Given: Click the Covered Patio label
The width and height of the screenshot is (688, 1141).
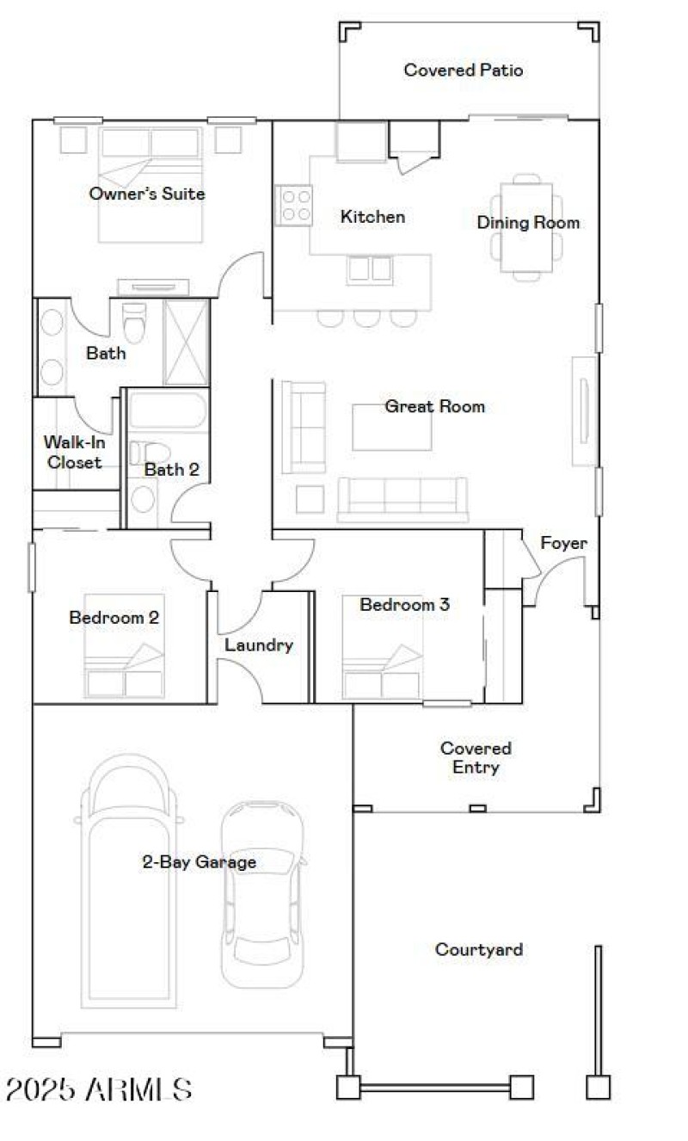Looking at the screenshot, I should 463,71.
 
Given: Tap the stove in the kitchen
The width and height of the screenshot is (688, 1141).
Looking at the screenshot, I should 294,206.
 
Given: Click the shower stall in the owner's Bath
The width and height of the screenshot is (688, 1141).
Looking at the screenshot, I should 186,342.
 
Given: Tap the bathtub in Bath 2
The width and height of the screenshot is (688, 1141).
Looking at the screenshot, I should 168,411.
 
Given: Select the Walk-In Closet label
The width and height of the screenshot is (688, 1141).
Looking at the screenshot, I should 73,453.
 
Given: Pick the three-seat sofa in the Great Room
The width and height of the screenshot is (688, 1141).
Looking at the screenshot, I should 402,499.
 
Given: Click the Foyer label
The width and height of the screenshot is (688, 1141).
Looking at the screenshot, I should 563,544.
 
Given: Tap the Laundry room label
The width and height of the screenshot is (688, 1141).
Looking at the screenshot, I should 259,645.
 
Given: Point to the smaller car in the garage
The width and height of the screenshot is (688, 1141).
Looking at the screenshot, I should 262,895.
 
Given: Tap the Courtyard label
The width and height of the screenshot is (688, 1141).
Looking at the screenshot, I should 478,950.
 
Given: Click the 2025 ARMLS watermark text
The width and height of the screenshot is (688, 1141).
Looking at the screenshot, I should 98,1090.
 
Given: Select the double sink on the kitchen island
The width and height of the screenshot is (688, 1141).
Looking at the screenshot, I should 369,269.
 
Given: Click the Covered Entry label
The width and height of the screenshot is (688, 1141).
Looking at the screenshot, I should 475,757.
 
